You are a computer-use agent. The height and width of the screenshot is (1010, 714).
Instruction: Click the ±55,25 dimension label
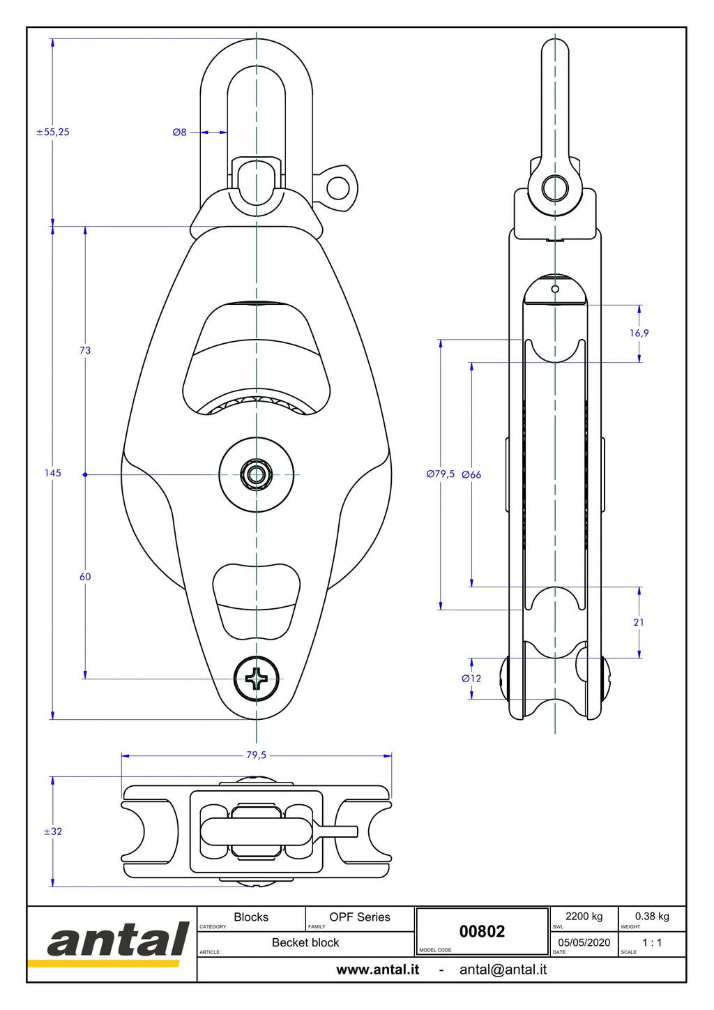point(53,132)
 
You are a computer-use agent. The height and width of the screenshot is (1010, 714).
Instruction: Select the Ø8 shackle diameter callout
point(179,132)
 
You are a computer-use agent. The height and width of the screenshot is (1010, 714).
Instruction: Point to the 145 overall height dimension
point(53,473)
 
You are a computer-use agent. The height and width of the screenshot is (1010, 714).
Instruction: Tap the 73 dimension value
point(85,350)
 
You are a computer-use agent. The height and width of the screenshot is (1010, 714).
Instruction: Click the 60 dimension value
point(85,577)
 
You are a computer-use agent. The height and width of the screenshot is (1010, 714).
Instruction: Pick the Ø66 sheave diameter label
point(471,474)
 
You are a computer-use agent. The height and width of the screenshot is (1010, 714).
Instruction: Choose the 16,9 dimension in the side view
point(639,333)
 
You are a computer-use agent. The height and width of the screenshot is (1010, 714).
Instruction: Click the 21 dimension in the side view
point(639,622)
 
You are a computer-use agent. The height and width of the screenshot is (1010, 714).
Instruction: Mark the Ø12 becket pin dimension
point(471,678)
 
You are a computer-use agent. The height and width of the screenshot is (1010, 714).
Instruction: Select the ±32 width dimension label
point(53,831)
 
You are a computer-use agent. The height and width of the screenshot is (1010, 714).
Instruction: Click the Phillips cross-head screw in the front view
point(256,679)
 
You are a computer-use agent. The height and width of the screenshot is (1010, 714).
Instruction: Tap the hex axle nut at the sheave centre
point(256,474)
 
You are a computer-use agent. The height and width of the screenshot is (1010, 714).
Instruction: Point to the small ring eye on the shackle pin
point(337,188)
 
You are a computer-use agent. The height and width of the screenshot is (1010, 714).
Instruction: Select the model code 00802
point(482,931)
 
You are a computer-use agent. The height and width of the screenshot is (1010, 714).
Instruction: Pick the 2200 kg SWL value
point(584,917)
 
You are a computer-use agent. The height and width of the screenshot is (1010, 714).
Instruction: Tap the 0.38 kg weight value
point(652,917)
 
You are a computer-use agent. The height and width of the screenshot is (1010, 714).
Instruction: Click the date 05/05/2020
point(584,942)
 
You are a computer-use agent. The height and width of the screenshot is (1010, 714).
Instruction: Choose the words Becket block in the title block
point(305,942)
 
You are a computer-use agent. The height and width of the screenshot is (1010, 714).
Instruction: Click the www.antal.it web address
point(378,970)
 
